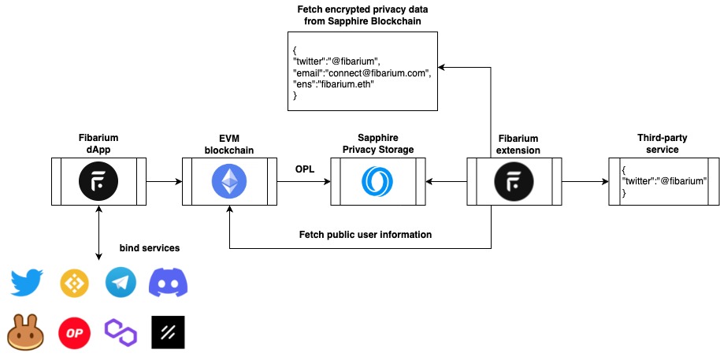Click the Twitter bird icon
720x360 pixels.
click(26, 282)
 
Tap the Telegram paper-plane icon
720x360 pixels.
click(121, 282)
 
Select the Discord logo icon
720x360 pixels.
click(169, 282)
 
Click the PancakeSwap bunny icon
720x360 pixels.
click(25, 332)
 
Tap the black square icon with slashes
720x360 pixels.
click(168, 332)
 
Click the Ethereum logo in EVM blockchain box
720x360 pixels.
click(228, 182)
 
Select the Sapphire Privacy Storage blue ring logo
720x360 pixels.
click(377, 182)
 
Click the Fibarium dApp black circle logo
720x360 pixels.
click(98, 182)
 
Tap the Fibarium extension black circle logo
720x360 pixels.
click(514, 182)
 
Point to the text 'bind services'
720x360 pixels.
click(150, 248)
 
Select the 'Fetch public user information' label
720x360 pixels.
click(366, 235)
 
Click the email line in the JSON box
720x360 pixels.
click(362, 72)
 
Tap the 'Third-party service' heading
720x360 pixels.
click(658, 143)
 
